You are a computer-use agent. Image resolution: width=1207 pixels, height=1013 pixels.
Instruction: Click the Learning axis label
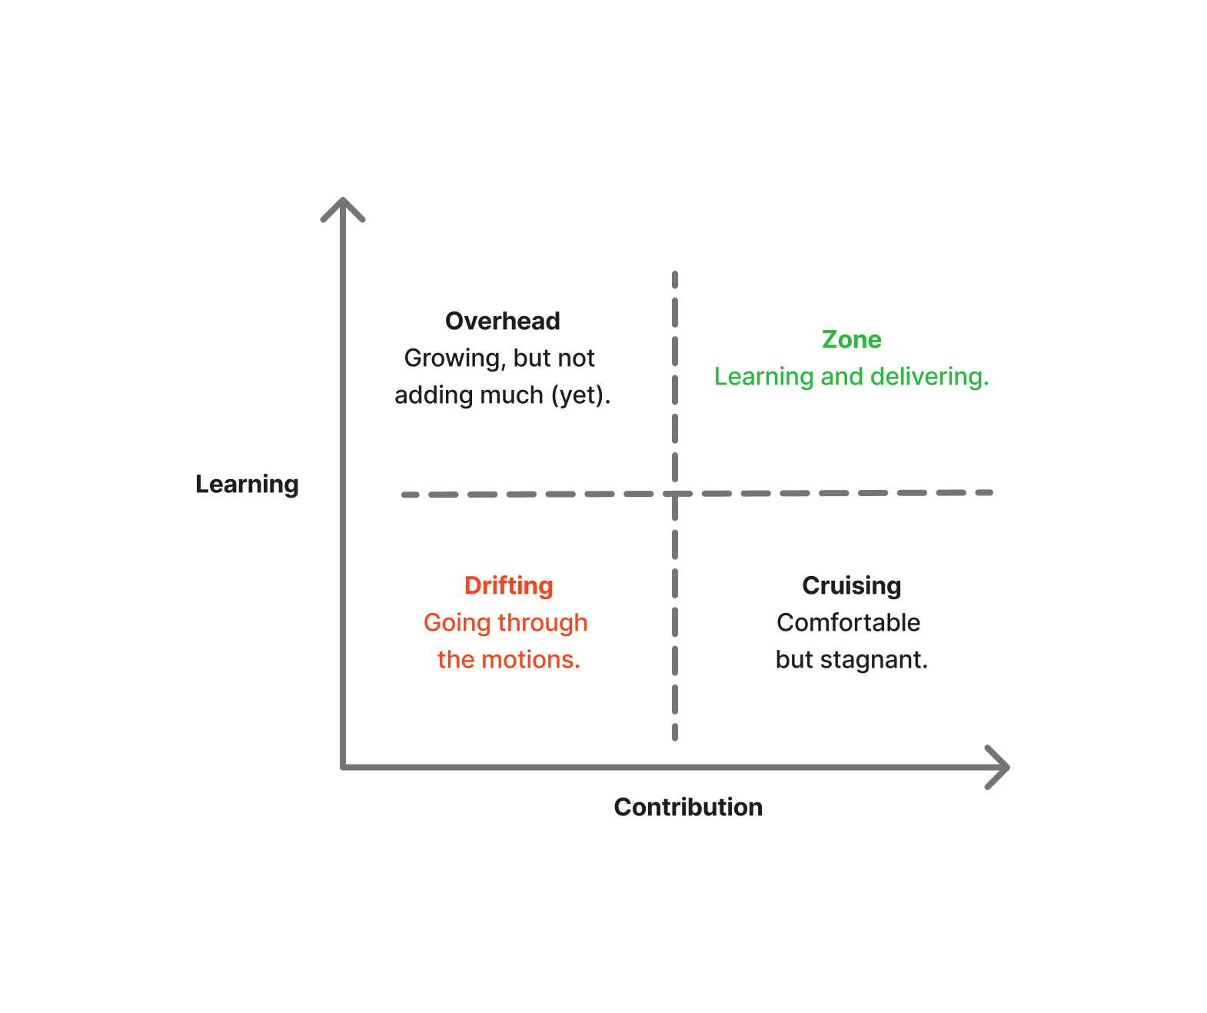tap(247, 485)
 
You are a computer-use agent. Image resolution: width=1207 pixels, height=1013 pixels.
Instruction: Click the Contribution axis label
tap(688, 807)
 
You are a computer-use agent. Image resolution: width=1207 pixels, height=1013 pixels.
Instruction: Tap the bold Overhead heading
tap(503, 321)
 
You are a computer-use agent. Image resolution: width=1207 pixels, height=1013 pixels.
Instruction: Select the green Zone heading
tap(851, 339)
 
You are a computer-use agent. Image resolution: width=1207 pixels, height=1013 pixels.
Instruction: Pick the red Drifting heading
tap(508, 585)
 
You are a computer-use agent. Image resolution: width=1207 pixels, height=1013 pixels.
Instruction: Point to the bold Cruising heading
tap(851, 585)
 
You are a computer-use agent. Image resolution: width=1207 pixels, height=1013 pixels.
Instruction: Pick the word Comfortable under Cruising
tap(848, 622)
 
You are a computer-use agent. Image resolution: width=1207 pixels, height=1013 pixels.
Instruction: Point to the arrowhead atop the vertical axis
tap(343, 204)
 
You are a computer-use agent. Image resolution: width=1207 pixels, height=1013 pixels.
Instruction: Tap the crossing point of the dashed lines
tap(675, 494)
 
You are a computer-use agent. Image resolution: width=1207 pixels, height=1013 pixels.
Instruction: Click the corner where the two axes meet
tap(344, 767)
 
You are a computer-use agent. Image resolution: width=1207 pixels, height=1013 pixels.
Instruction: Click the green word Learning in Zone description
tap(763, 377)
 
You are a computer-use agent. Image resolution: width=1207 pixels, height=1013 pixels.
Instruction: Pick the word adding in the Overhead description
tap(431, 395)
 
